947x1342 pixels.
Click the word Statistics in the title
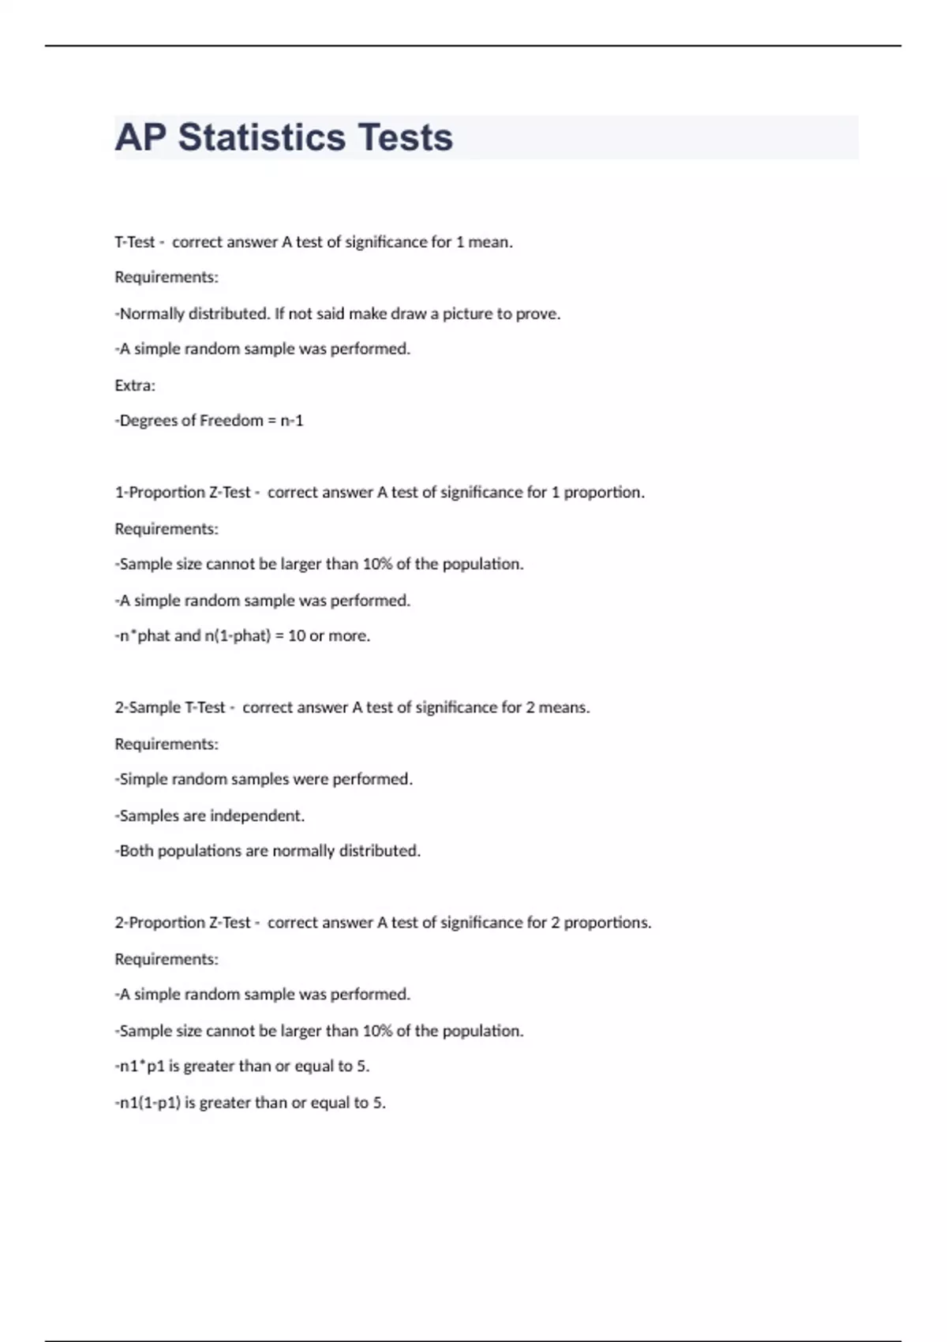point(261,137)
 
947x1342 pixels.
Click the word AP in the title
point(140,137)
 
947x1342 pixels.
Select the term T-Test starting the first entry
point(135,242)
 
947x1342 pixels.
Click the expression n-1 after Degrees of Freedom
point(292,421)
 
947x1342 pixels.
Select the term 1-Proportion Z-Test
point(182,493)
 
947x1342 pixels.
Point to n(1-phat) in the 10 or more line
point(238,636)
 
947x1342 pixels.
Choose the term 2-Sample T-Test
point(170,708)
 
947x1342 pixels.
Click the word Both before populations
point(136,851)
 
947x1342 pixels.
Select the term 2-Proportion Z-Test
point(182,923)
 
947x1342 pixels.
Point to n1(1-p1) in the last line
point(150,1103)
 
